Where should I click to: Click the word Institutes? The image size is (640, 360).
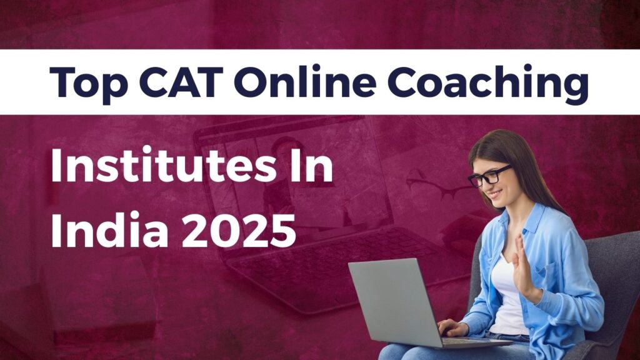coord(164,164)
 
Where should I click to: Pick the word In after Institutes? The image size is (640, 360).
coord(313,165)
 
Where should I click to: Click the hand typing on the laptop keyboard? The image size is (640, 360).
coord(452,327)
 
